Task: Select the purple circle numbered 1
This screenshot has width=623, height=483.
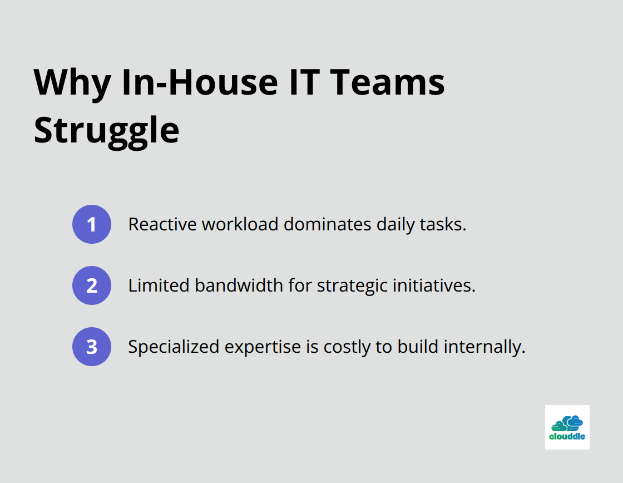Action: pos(92,224)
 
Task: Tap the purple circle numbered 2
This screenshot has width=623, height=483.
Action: pos(92,285)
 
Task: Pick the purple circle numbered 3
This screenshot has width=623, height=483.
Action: pos(92,347)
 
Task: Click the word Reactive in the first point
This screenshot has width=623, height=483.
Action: pos(162,224)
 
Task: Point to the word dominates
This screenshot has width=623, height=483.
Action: pos(327,224)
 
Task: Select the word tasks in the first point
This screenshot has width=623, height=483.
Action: pos(447,224)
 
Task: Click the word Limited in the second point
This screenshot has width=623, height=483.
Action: pos(159,285)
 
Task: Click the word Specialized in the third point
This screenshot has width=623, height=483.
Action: pos(174,347)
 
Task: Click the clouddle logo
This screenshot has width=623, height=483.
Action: pos(567,427)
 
